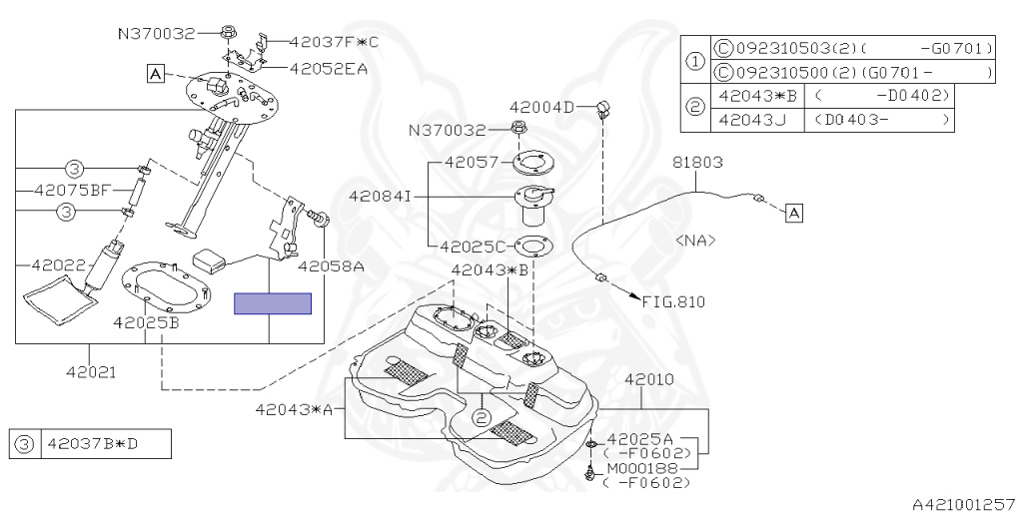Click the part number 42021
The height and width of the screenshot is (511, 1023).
92,372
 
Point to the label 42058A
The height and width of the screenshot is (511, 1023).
330,266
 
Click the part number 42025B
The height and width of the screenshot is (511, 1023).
146,322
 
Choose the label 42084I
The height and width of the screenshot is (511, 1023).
380,197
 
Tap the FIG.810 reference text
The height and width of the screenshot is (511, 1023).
673,300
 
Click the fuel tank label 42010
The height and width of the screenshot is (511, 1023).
650,380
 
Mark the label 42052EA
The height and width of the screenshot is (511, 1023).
329,68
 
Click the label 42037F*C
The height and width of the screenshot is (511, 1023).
335,42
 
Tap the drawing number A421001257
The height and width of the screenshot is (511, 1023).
963,504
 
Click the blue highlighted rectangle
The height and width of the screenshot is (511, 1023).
272,303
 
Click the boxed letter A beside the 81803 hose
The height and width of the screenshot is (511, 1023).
794,213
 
